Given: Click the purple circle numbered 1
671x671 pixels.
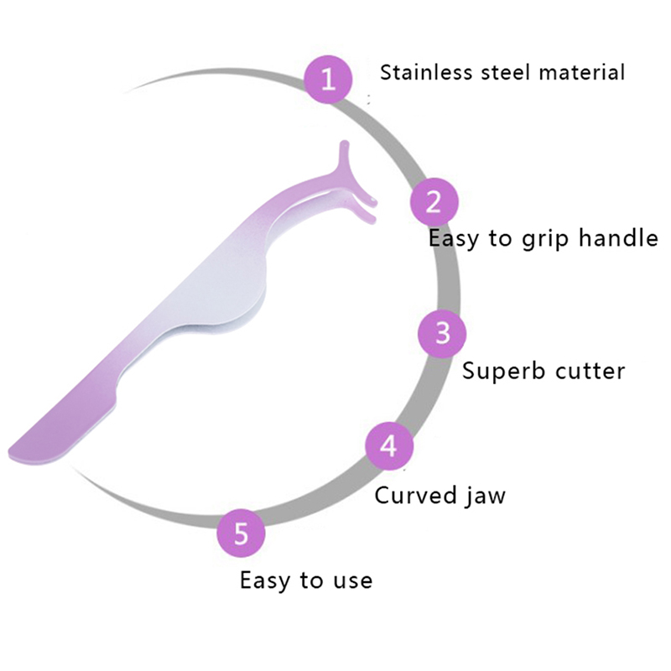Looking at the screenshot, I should pos(328,80).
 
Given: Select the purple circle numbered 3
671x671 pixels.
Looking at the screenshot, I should pos(443,333).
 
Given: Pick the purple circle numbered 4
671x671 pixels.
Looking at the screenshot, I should pos(389,445).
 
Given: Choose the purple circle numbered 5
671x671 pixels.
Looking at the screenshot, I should pos(242,533).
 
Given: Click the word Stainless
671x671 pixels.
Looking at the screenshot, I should pos(427,72).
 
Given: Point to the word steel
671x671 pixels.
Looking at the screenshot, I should pos(506,72).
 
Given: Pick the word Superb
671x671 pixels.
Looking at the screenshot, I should pos(500,370).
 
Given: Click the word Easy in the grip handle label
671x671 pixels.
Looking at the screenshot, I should pos(454,239).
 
